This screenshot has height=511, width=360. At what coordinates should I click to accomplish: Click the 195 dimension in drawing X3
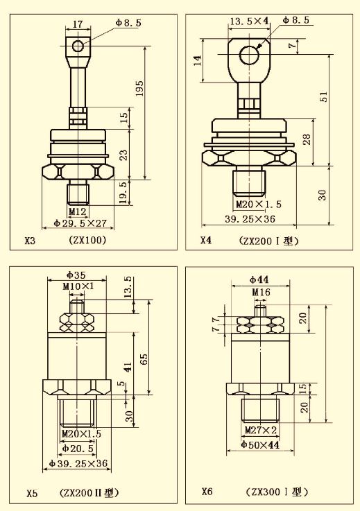[139, 88]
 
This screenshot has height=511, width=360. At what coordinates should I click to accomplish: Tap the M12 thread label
[78, 211]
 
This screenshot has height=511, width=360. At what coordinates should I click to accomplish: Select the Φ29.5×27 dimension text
[80, 223]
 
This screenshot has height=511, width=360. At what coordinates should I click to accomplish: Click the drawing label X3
[30, 241]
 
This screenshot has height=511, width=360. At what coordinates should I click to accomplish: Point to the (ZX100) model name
[87, 240]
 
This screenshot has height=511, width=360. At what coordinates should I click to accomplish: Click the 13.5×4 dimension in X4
[250, 21]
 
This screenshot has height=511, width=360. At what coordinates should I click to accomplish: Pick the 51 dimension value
[323, 96]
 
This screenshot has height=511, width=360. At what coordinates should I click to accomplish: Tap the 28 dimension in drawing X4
[307, 139]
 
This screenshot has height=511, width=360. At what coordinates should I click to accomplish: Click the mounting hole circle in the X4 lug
[250, 54]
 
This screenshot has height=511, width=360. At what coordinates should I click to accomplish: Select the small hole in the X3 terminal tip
[78, 46]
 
